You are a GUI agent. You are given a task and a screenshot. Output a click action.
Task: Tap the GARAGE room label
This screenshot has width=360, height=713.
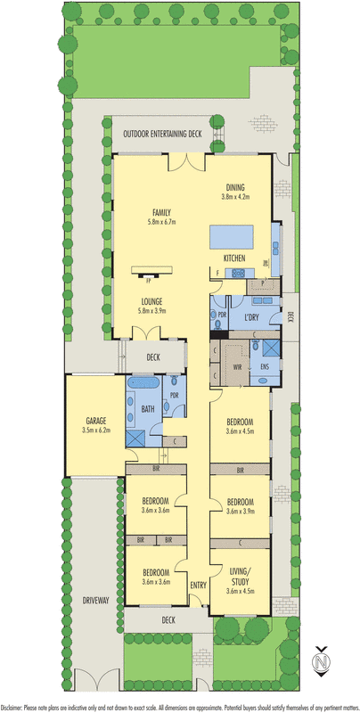(x=96, y=422)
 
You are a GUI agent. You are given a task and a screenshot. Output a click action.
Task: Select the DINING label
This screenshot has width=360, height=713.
(x=235, y=187)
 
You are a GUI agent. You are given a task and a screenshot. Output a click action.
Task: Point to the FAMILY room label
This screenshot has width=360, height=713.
(x=161, y=212)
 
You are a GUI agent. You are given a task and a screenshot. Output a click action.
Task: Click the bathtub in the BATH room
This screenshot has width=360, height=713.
(x=143, y=382)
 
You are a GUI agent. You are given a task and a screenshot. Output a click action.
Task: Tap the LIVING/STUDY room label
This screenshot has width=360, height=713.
(x=241, y=575)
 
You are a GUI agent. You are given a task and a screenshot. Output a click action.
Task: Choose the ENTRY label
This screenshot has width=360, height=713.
(x=198, y=585)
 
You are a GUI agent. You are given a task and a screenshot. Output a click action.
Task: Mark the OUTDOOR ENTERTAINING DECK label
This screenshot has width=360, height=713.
(x=163, y=133)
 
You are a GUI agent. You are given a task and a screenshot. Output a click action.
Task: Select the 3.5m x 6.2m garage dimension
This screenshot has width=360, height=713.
(x=96, y=430)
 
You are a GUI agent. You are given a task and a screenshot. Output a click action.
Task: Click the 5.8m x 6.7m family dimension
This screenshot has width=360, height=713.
(x=161, y=222)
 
